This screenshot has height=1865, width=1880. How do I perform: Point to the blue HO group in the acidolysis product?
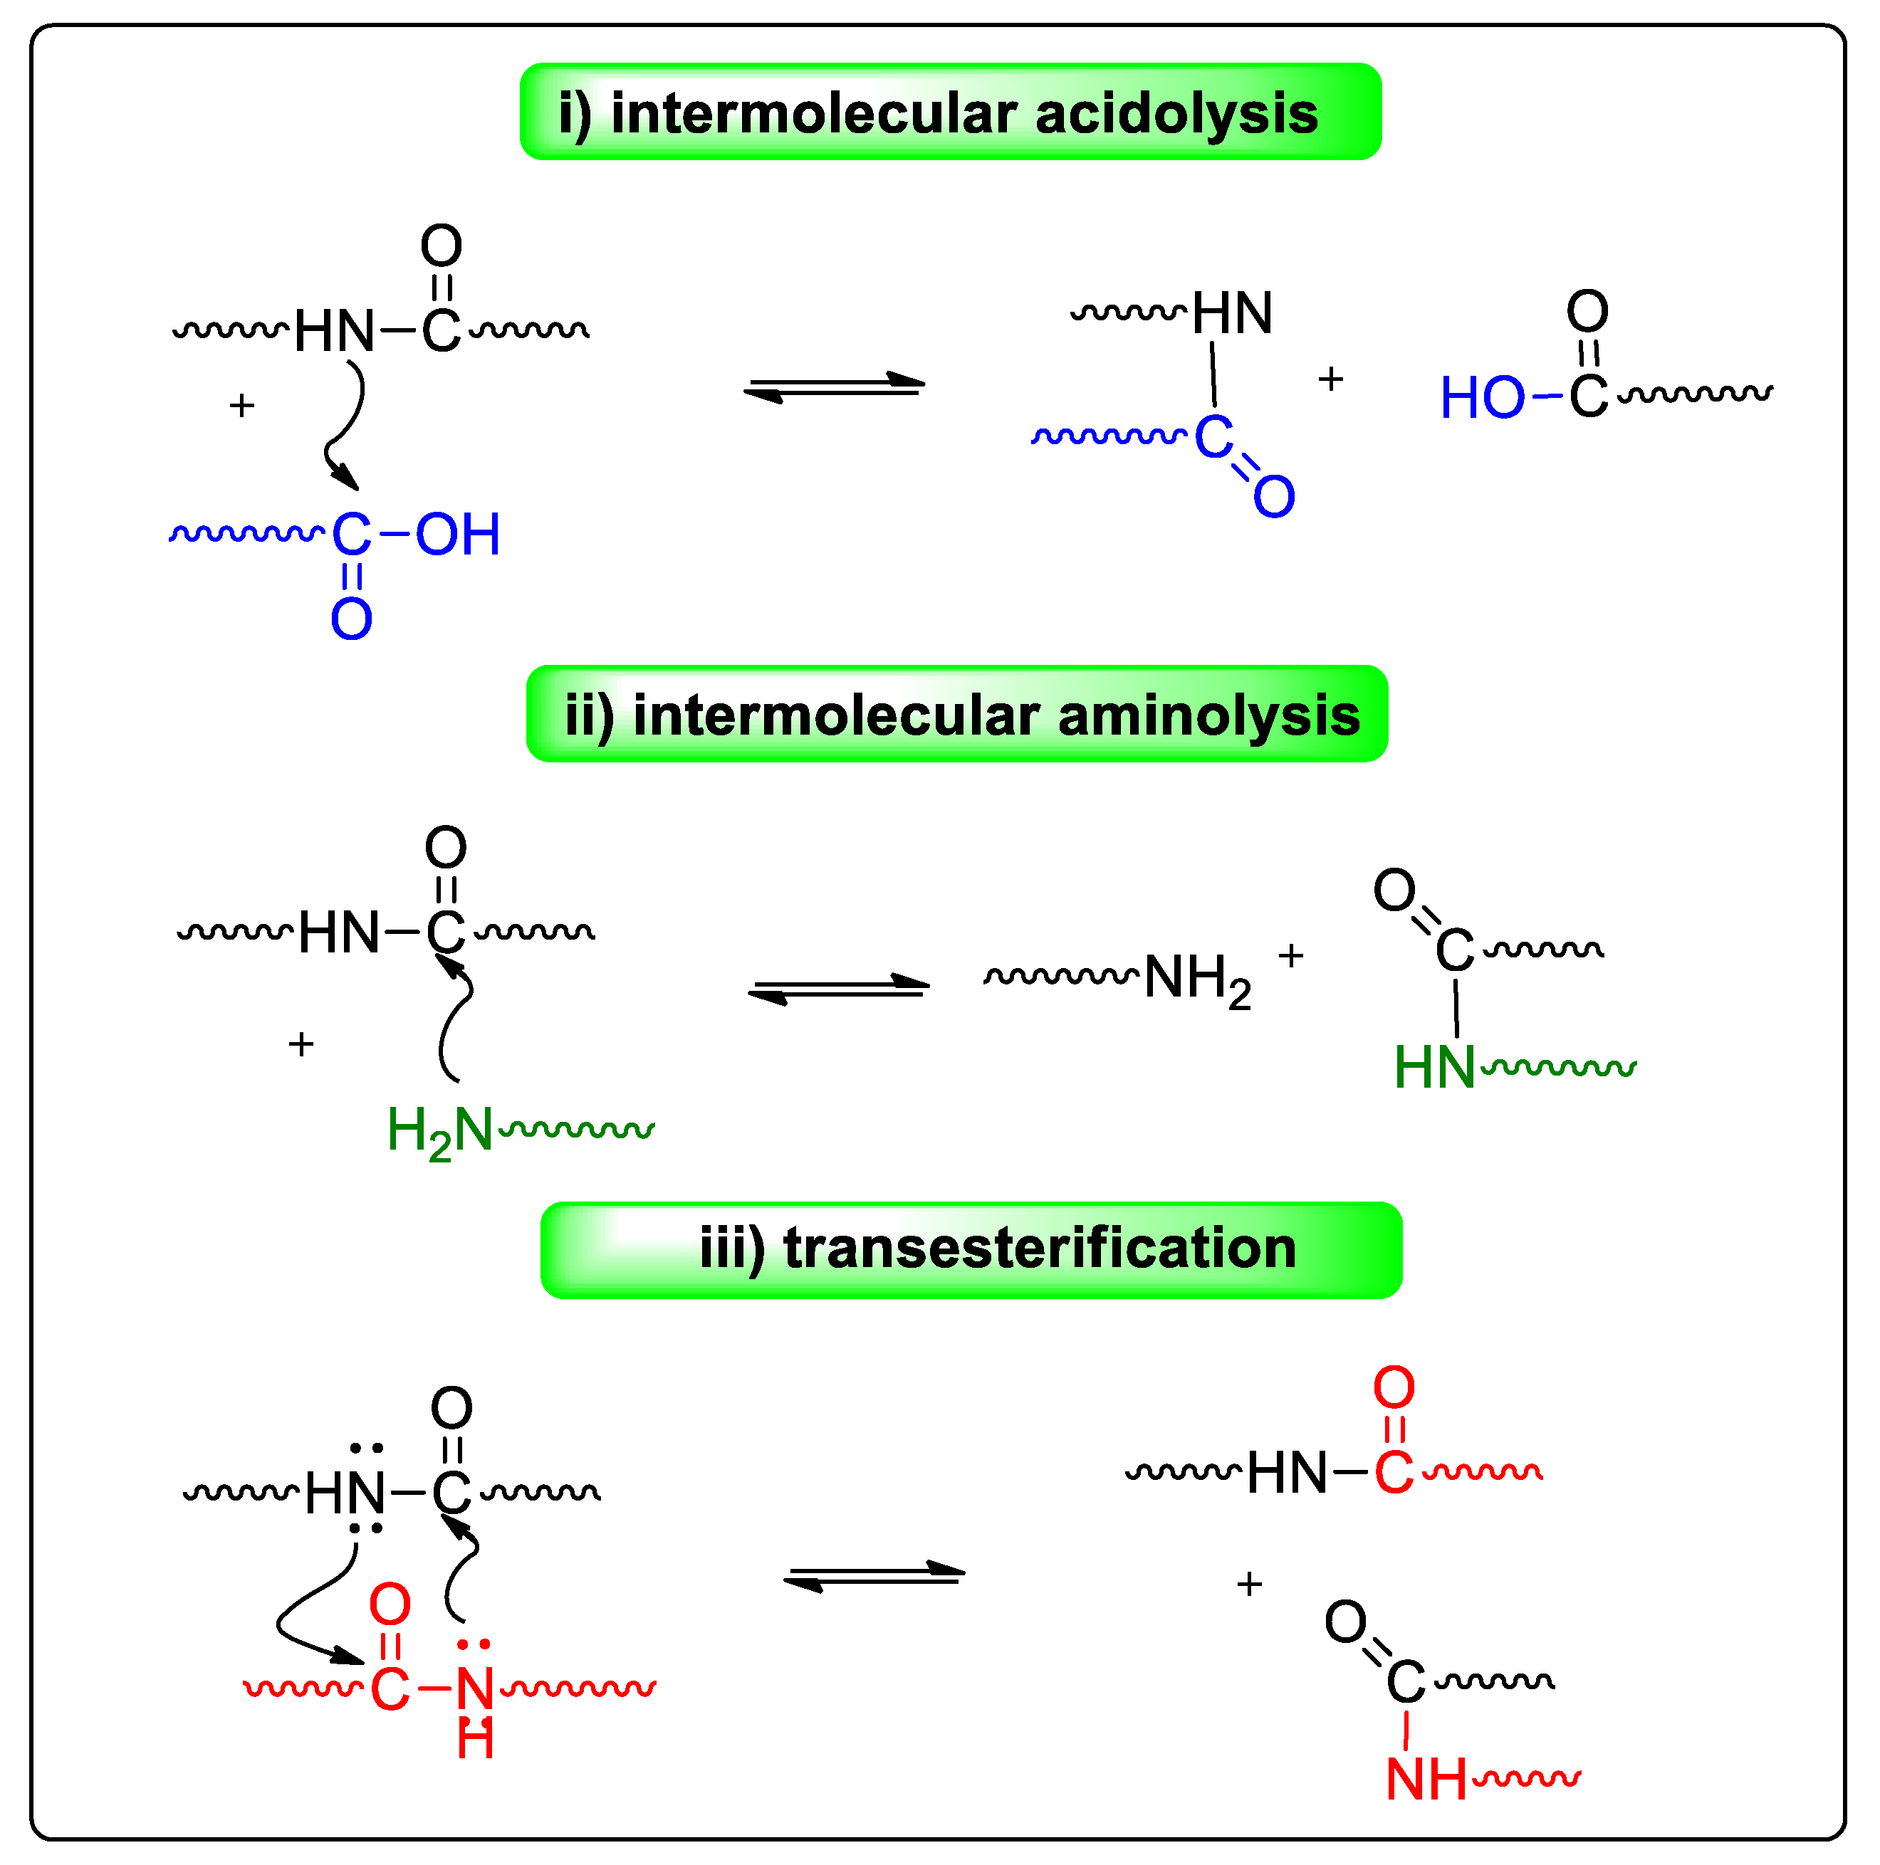click(x=1482, y=398)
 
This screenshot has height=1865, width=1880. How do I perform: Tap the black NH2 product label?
click(x=1198, y=979)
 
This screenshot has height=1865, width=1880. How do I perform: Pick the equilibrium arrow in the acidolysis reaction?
click(x=834, y=387)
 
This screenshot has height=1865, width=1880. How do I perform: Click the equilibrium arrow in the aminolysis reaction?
click(x=839, y=989)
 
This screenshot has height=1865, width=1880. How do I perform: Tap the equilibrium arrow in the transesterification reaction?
click(x=874, y=1575)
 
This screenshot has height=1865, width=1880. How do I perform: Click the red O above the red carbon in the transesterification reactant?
click(x=390, y=1604)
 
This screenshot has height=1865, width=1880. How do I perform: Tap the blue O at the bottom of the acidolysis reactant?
click(x=351, y=619)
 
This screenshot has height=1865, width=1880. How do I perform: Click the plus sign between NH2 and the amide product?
click(x=1290, y=956)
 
